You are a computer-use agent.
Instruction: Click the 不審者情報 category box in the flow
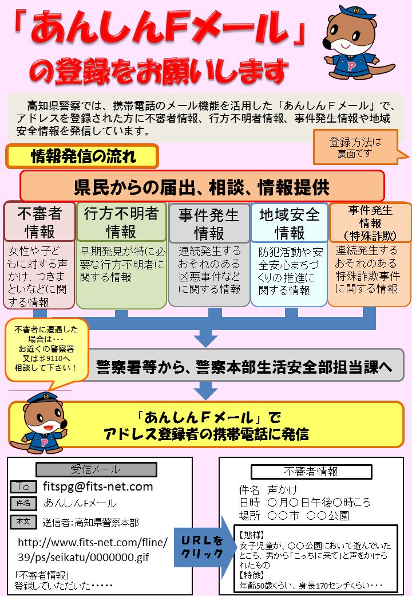tap(39, 222)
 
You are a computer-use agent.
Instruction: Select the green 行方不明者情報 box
tap(121, 222)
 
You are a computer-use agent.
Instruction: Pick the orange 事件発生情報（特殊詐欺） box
tap(370, 222)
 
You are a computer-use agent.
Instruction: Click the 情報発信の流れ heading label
tap(82, 155)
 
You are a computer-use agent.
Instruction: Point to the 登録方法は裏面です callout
tap(355, 147)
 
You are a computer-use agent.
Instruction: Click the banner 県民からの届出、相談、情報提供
tap(201, 186)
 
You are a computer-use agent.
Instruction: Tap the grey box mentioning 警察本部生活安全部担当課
tap(246, 364)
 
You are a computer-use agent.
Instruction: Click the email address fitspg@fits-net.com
tap(98, 487)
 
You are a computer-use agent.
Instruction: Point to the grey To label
tap(23, 487)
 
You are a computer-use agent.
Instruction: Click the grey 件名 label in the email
tap(23, 504)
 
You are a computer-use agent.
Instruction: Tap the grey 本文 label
tap(23, 521)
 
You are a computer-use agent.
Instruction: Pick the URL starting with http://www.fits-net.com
tap(93, 549)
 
